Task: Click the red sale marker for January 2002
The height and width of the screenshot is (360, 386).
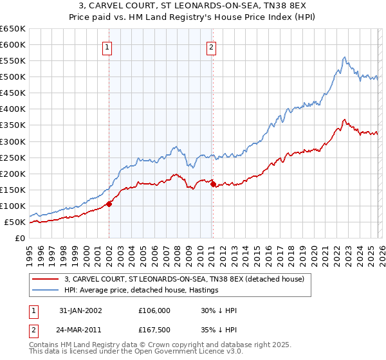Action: tap(109, 204)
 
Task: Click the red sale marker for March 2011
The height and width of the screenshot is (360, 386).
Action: tap(213, 184)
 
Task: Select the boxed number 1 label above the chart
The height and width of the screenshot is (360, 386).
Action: tap(106, 46)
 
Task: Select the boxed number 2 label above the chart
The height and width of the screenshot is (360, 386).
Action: tap(211, 46)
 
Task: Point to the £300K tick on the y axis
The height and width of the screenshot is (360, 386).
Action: tap(13, 141)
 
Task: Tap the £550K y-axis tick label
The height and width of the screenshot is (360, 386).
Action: tap(13, 61)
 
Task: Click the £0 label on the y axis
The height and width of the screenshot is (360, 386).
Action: tap(20, 239)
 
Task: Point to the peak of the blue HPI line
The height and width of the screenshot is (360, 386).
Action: tap(345, 57)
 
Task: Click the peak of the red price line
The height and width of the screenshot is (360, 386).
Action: tap(345, 120)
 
